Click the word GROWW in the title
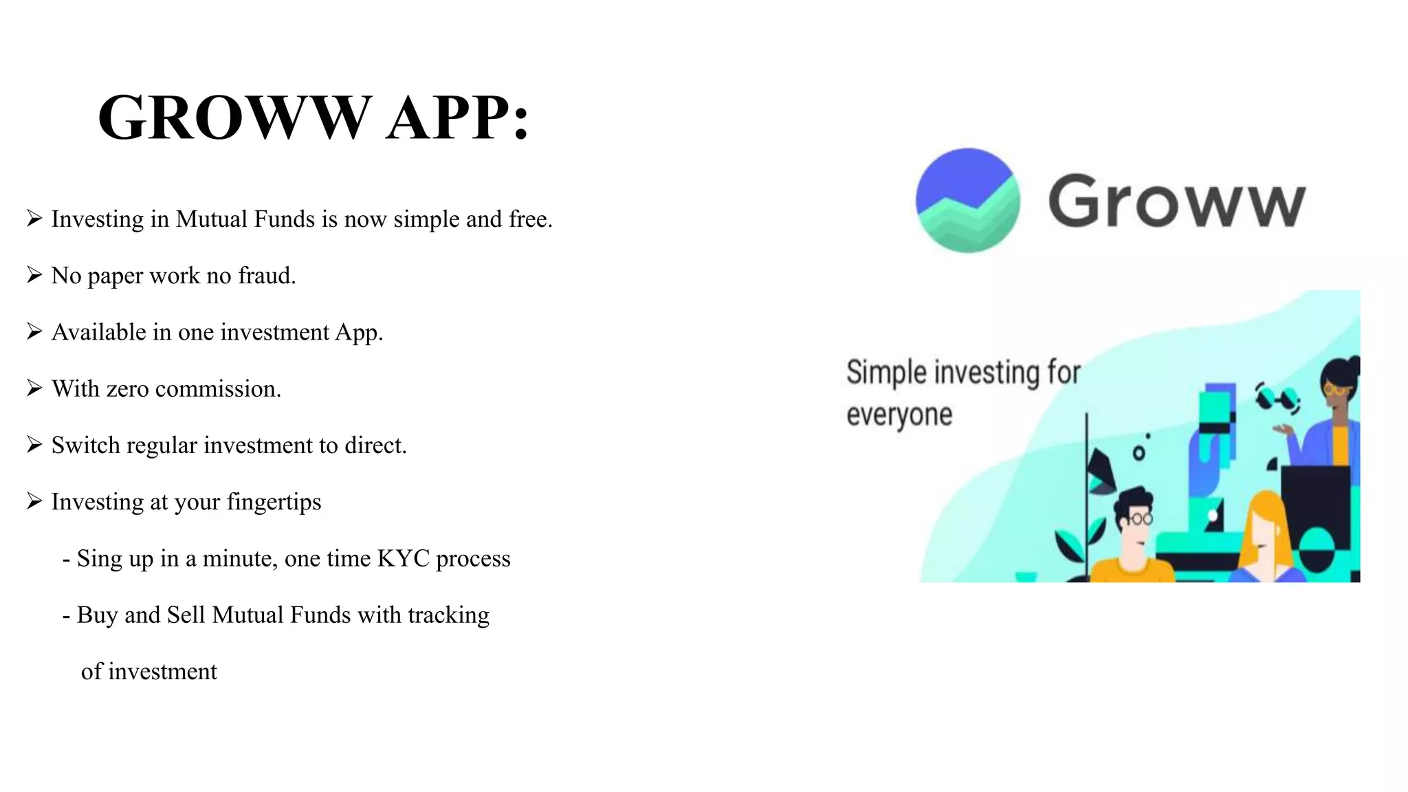[x=234, y=118]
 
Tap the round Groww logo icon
[x=967, y=200]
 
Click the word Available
[x=99, y=332]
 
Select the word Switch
[x=86, y=445]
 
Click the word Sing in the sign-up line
[x=97, y=559]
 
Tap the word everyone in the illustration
[x=899, y=415]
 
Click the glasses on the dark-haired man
[x=1139, y=518]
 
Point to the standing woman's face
[x=1336, y=393]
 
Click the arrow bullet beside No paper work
[x=34, y=275]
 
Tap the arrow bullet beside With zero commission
[x=34, y=388]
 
